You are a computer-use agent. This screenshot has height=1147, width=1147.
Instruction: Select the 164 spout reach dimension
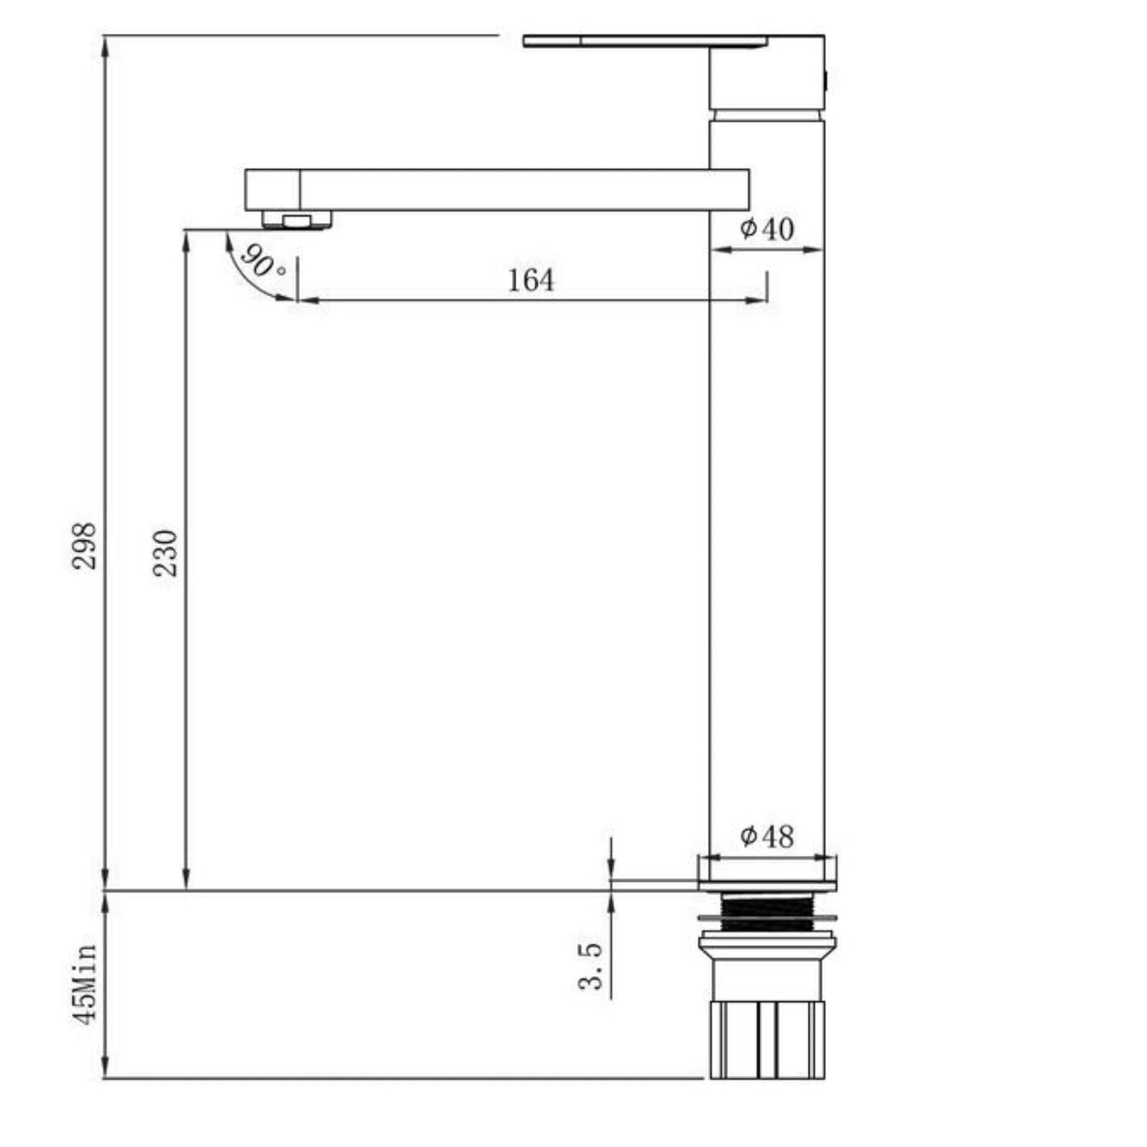pyautogui.click(x=531, y=280)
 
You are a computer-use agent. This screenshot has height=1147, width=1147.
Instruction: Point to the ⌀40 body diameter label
pyautogui.click(x=767, y=229)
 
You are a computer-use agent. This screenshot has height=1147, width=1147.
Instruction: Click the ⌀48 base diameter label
pyautogui.click(x=767, y=837)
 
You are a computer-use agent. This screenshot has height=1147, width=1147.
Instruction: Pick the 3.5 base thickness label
pyautogui.click(x=591, y=967)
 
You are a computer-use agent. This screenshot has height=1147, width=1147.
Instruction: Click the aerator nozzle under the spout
pyautogui.click(x=297, y=220)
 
